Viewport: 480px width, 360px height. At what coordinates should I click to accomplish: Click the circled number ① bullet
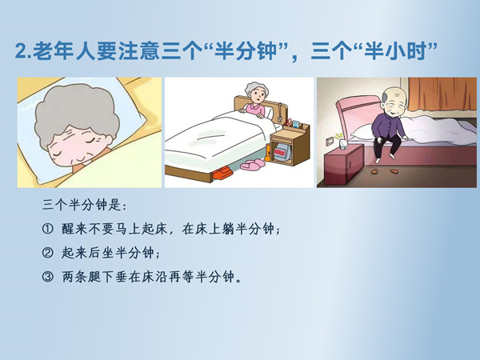(47, 229)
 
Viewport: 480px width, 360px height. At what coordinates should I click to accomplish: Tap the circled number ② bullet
(47, 253)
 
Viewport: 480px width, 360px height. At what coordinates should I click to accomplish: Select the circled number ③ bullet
(47, 277)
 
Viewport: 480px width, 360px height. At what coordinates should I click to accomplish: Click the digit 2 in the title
(21, 51)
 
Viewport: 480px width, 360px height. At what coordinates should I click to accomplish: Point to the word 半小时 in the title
(395, 51)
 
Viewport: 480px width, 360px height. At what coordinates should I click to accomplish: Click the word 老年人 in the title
(66, 51)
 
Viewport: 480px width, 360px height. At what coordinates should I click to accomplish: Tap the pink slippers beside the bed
(253, 164)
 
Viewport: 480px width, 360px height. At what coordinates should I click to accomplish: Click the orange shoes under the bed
(222, 172)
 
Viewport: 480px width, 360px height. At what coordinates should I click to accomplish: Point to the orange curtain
(442, 94)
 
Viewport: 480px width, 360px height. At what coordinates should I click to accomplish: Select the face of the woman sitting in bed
(257, 95)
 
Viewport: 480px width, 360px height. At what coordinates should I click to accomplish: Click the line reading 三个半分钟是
(84, 205)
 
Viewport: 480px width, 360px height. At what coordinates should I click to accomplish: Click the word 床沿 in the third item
(154, 277)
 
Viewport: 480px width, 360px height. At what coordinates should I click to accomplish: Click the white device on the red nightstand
(342, 143)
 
